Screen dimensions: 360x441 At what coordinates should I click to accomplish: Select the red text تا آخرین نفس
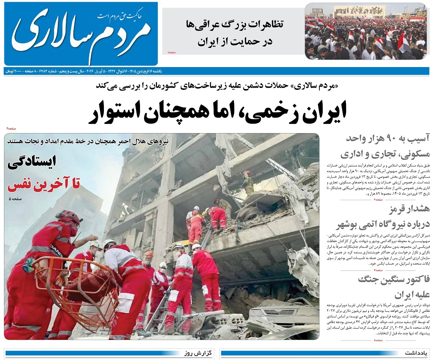[x=44, y=185]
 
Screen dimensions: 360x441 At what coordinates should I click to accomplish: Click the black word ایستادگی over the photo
[x=32, y=163]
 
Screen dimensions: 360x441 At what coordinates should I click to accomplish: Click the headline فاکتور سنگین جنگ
[x=394, y=279]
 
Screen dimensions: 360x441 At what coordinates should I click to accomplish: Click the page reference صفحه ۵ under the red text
[x=16, y=198]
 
